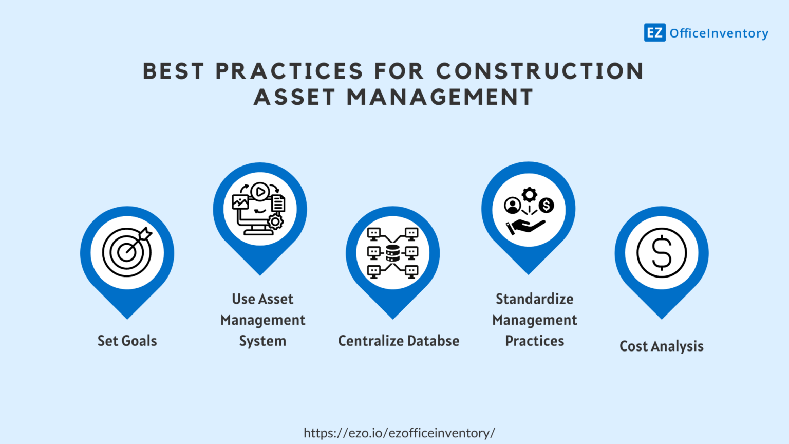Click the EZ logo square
click(654, 33)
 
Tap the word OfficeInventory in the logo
click(719, 33)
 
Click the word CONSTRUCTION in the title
click(540, 71)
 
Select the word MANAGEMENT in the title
click(440, 97)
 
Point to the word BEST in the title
click(173, 71)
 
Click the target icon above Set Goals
click(127, 252)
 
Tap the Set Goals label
click(127, 341)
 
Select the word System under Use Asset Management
click(262, 341)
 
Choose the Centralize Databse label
click(399, 341)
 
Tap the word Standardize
click(534, 299)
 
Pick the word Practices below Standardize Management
click(534, 341)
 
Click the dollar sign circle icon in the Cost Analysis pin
click(662, 253)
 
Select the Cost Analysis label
click(661, 346)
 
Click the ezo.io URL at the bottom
click(399, 433)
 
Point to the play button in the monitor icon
click(260, 192)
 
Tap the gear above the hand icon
click(529, 195)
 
